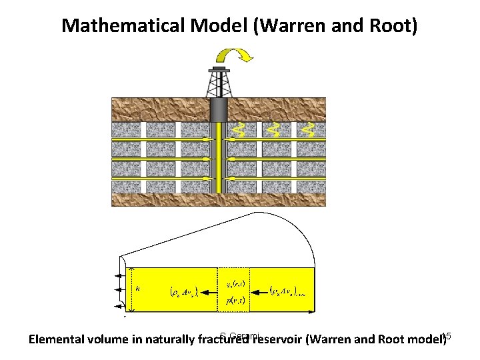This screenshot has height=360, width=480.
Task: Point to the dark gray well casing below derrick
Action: [x=219, y=111]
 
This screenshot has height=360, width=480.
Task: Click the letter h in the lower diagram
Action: [x=138, y=289]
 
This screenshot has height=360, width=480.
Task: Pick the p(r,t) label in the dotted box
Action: [x=233, y=301]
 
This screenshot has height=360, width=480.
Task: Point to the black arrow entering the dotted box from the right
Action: [x=257, y=291]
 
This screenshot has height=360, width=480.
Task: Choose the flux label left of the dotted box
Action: [x=181, y=291]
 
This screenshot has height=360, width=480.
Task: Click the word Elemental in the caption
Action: [x=59, y=341]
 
